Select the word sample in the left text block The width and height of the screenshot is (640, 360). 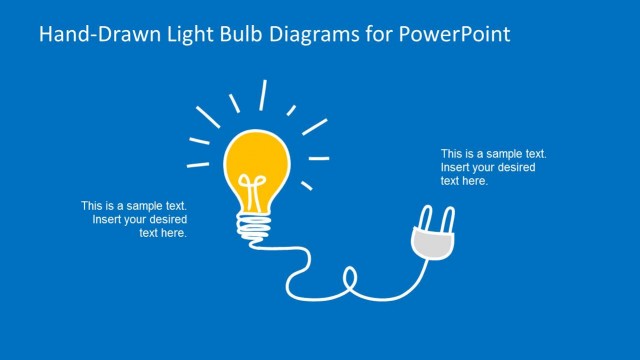pyautogui.click(x=140, y=206)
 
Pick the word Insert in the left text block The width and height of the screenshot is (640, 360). pyautogui.click(x=107, y=219)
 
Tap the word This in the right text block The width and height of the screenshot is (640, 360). pyautogui.click(x=451, y=154)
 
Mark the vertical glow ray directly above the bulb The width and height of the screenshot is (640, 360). pyautogui.click(x=263, y=94)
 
